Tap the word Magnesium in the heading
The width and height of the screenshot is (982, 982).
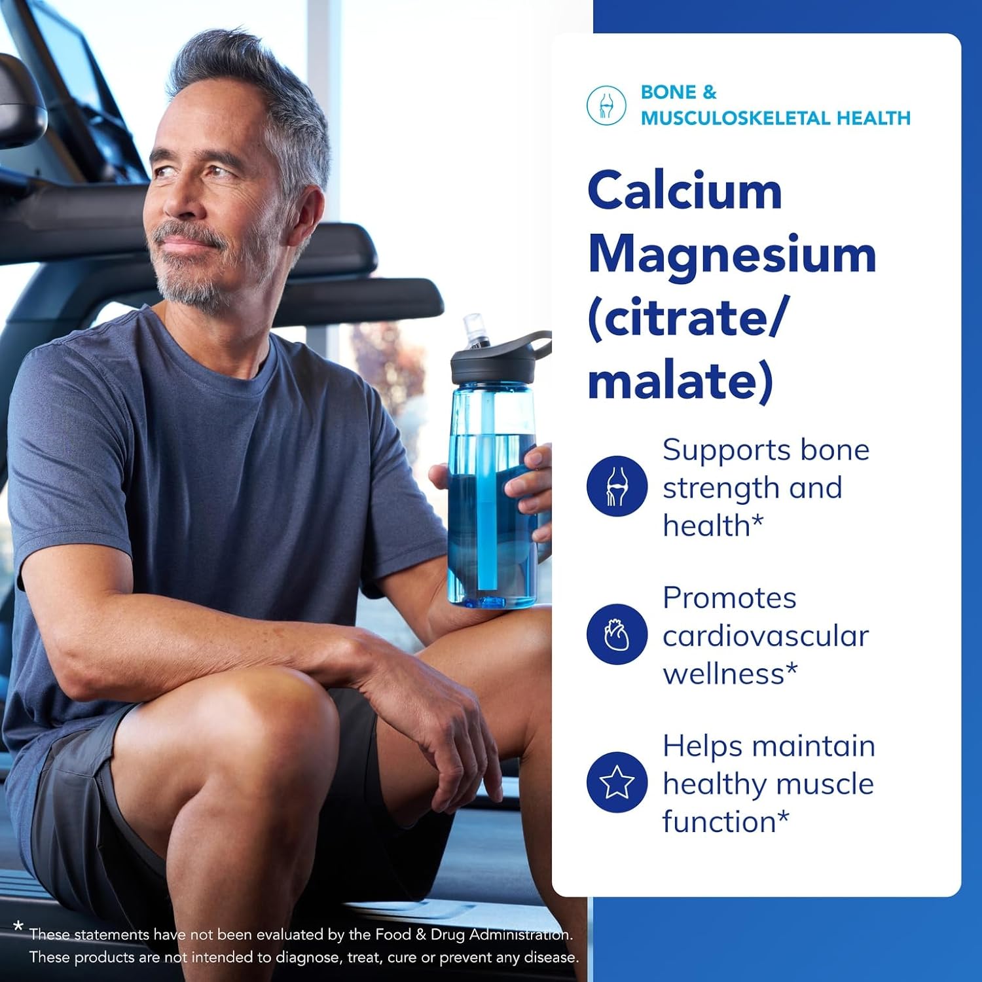tap(732, 255)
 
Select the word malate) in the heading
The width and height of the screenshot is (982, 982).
tap(680, 380)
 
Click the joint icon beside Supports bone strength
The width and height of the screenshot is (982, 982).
tap(617, 486)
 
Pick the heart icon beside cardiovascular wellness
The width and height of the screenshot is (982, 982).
tap(617, 634)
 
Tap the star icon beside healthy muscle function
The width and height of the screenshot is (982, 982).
tap(617, 782)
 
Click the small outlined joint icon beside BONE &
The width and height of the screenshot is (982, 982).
tap(606, 105)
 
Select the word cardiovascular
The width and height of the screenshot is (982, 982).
tap(765, 636)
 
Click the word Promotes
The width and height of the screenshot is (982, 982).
tap(729, 598)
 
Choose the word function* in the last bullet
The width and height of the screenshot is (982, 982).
tap(726, 822)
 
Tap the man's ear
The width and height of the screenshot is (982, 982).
tap(308, 215)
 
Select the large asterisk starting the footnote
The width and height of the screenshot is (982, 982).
tap(18, 927)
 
